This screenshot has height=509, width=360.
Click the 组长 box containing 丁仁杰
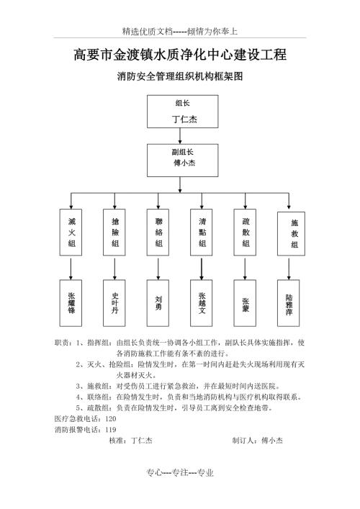182,112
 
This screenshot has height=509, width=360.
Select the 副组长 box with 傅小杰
182,161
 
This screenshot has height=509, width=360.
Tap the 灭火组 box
71,232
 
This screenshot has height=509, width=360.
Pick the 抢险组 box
114,232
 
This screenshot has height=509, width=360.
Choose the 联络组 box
158,232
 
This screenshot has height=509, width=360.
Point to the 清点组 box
202,232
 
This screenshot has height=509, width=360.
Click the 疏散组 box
245,232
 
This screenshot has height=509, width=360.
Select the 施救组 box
291,234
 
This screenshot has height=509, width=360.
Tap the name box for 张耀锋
71,303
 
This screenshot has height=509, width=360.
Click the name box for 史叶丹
114,303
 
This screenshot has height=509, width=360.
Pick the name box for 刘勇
158,303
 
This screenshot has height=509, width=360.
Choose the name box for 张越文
202,303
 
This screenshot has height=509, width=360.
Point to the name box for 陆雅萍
289,303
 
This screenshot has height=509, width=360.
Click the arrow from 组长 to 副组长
180,136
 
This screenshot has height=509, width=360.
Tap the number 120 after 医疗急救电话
110,419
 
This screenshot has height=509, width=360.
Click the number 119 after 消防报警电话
110,430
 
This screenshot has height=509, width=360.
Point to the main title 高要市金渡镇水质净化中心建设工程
180,54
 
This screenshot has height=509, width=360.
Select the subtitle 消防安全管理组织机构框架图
180,76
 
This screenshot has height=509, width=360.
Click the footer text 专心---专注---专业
180,472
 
